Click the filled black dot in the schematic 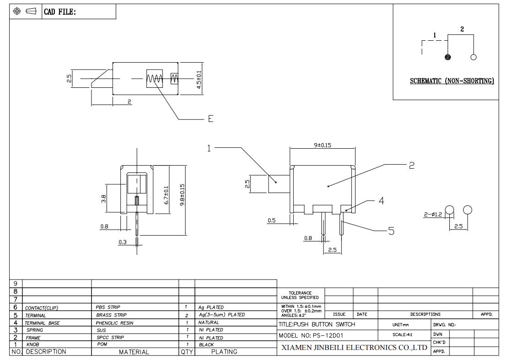pyautogui.click(x=448, y=57)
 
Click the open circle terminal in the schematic pyautogui.click(x=474, y=57)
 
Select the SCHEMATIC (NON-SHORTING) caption pyautogui.click(x=452, y=81)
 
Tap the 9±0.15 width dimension pyautogui.click(x=323, y=145)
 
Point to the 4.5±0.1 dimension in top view pyautogui.click(x=199, y=80)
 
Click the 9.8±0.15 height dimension pyautogui.click(x=183, y=195)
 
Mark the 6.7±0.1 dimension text pyautogui.click(x=166, y=195)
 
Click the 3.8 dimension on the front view pyautogui.click(x=104, y=199)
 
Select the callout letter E pyautogui.click(x=210, y=119)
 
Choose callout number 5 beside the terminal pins pyautogui.click(x=391, y=231)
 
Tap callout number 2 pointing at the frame pyautogui.click(x=412, y=166)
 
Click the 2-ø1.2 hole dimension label pyautogui.click(x=433, y=214)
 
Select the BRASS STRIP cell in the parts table pyautogui.click(x=111, y=315)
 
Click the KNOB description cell pyautogui.click(x=32, y=344)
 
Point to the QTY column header pyautogui.click(x=187, y=352)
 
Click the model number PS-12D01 pyautogui.click(x=328, y=335)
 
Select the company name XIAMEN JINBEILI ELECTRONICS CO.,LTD pyautogui.click(x=354, y=348)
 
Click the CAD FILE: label pyautogui.click(x=60, y=12)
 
